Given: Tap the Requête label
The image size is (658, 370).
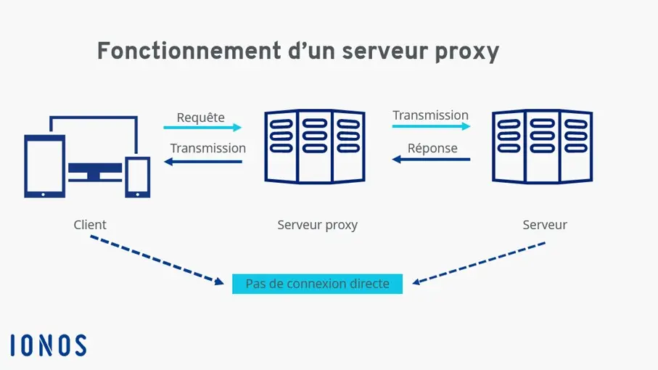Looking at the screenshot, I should click(x=201, y=118).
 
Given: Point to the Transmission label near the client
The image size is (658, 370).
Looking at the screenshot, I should click(x=208, y=148).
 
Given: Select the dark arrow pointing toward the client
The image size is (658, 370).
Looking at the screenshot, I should click(x=203, y=161).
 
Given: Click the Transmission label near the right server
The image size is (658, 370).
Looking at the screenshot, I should click(x=430, y=115).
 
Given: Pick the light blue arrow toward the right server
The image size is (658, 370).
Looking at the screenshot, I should click(x=431, y=126).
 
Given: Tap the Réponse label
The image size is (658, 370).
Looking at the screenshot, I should click(x=432, y=148).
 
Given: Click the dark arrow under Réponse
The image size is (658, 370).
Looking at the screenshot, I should click(x=431, y=160).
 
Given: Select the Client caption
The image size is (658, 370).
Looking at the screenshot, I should click(x=90, y=225).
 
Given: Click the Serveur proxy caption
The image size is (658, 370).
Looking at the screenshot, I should click(x=317, y=225).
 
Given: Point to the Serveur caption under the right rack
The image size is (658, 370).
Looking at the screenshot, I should click(x=545, y=225).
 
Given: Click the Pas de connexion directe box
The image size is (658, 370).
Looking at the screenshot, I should click(x=317, y=284).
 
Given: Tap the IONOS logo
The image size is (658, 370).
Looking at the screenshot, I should click(x=49, y=345).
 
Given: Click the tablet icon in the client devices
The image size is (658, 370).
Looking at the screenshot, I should click(x=45, y=166).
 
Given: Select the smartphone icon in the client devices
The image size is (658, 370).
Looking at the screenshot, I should click(x=138, y=177).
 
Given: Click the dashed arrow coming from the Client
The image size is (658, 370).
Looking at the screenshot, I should click(x=156, y=260).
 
